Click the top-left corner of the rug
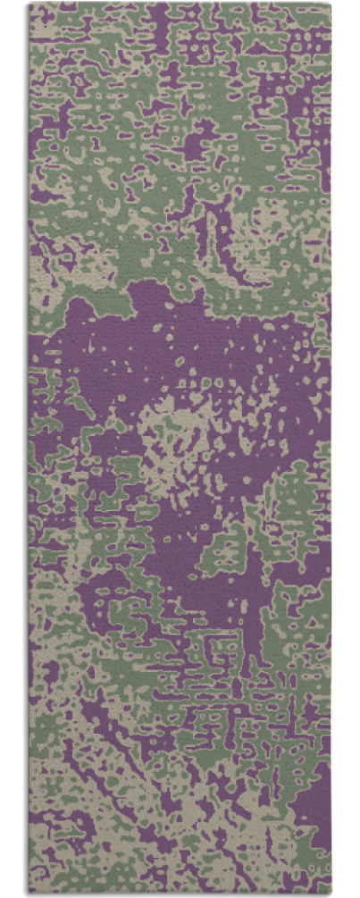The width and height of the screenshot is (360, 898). (x=29, y=4)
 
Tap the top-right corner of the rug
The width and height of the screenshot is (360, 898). (x=331, y=4)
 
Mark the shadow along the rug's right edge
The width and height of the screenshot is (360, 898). (x=333, y=447)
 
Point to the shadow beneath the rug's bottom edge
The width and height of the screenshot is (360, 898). (x=179, y=894)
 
